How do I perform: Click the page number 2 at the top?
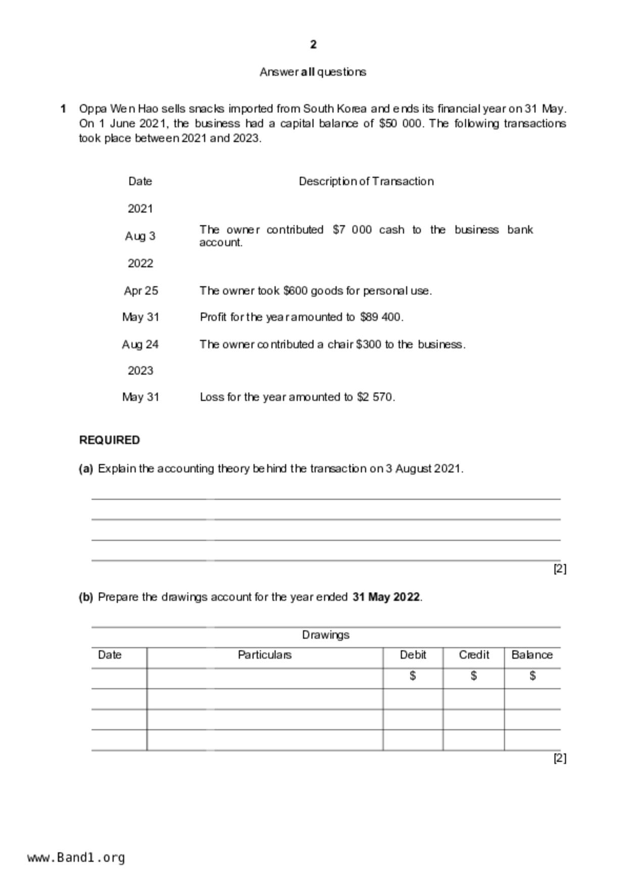click(313, 45)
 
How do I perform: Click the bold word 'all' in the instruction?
click(308, 72)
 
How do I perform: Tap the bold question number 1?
click(63, 109)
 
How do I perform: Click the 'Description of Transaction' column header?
click(366, 181)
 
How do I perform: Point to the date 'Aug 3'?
click(140, 236)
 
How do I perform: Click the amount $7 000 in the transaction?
click(352, 230)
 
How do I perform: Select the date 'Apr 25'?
click(140, 291)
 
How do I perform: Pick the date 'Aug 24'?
click(140, 344)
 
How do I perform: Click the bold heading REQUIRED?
click(110, 440)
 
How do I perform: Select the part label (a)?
click(86, 469)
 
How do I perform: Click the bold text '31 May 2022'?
click(386, 597)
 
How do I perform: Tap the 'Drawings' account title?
click(325, 635)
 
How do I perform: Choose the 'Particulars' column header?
click(265, 655)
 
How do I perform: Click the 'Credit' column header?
click(474, 655)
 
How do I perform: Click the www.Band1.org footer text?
click(76, 857)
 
